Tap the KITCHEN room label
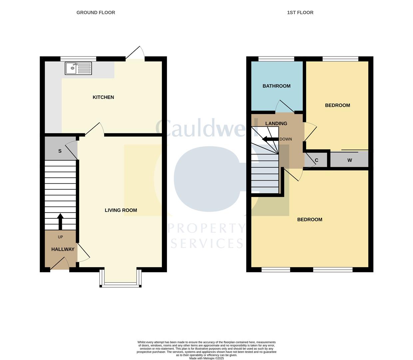point(103,97)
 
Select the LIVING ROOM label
point(121,210)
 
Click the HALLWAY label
point(63,249)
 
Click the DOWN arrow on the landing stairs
point(270,139)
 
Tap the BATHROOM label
point(276,86)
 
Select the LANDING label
point(276,124)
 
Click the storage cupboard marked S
point(60,151)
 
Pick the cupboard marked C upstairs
point(316,160)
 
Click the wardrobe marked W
point(349,160)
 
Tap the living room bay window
point(121,284)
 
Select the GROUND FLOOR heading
point(96,13)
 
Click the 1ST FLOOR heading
point(300,13)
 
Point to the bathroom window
point(276,59)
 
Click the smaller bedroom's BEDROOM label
point(337,105)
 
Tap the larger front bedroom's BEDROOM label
point(310,220)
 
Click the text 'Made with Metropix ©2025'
point(206,358)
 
